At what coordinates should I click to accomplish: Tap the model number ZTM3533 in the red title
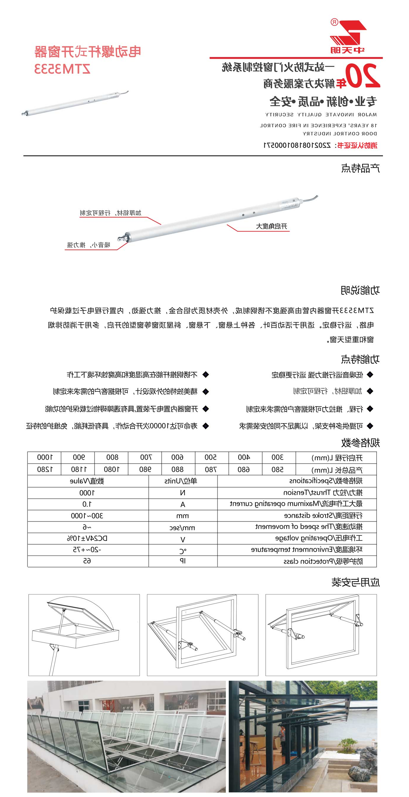[x=62, y=69]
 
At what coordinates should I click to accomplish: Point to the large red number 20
[x=362, y=76]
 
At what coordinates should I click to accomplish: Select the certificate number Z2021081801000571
[x=297, y=145]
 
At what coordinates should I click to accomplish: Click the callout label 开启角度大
[x=271, y=227]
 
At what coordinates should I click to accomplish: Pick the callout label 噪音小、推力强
[x=89, y=245]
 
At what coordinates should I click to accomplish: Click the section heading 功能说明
[x=360, y=290]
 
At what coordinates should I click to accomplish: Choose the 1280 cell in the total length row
[x=45, y=469]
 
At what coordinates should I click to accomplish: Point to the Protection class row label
[x=323, y=561]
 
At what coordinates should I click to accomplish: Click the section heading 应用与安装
[x=356, y=582]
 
